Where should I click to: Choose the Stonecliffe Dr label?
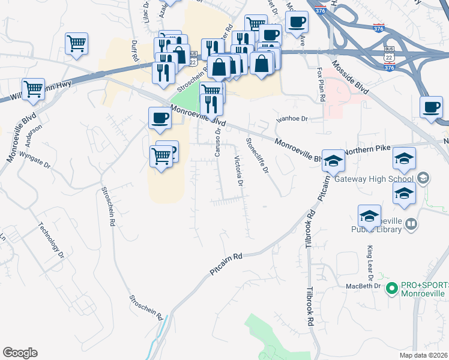coord(256,155)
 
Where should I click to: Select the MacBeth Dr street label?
coord(364,286)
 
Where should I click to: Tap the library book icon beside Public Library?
coord(411,225)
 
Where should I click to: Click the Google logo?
coord(20,353)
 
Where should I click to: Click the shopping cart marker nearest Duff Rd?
coord(76,43)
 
